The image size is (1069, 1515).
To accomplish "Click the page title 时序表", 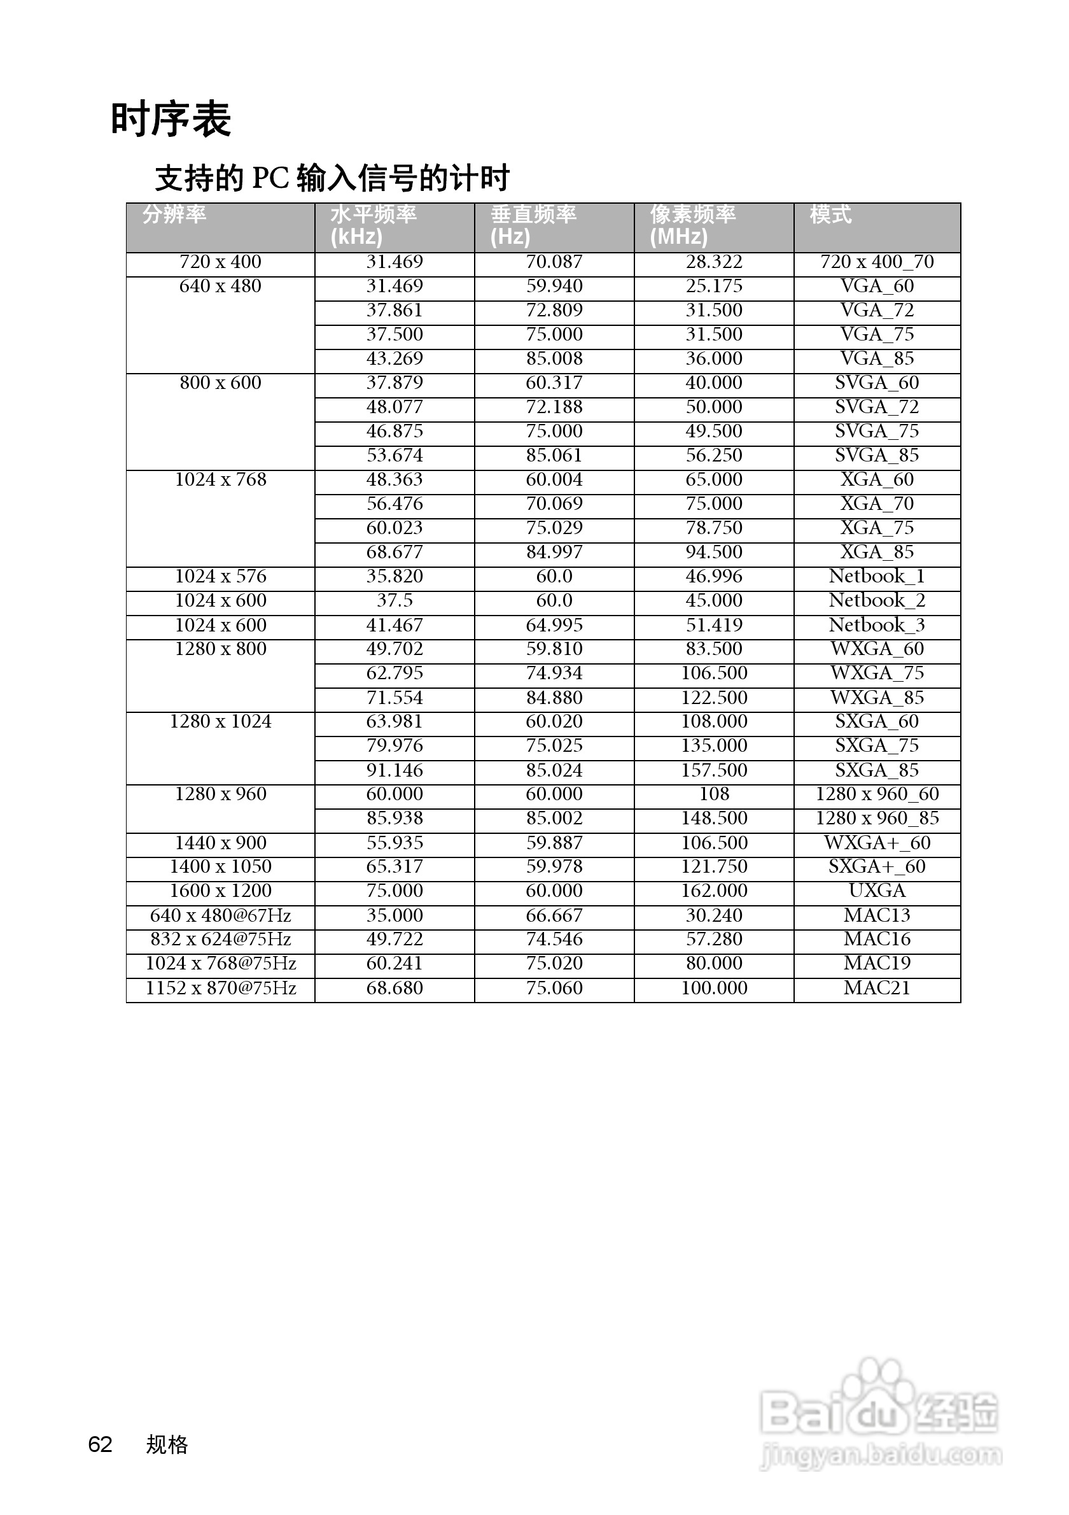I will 171,120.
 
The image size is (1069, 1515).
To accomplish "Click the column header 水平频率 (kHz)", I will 374,225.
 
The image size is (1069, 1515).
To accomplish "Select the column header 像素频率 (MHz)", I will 692,225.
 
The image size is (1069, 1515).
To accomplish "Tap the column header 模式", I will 830,215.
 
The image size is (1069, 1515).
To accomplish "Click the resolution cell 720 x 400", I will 220,262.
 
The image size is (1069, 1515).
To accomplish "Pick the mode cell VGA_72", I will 876,310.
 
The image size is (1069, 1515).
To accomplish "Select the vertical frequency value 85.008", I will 554,358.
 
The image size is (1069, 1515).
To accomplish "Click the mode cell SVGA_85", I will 876,455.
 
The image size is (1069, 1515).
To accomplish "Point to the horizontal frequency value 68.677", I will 395,553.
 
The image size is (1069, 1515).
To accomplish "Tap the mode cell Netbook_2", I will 876,600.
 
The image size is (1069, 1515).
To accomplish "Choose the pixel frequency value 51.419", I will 713,625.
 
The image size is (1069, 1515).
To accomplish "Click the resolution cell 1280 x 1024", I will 220,722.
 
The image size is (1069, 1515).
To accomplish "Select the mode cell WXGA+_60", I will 876,843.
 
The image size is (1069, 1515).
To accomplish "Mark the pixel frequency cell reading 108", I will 713,794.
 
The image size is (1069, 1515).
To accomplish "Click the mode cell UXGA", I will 876,891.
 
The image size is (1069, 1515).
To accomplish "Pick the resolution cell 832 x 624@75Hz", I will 220,939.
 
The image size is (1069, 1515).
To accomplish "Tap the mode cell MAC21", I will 876,988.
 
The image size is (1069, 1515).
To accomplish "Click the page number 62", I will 101,1444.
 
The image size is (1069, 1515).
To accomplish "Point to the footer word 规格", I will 167,1444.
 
